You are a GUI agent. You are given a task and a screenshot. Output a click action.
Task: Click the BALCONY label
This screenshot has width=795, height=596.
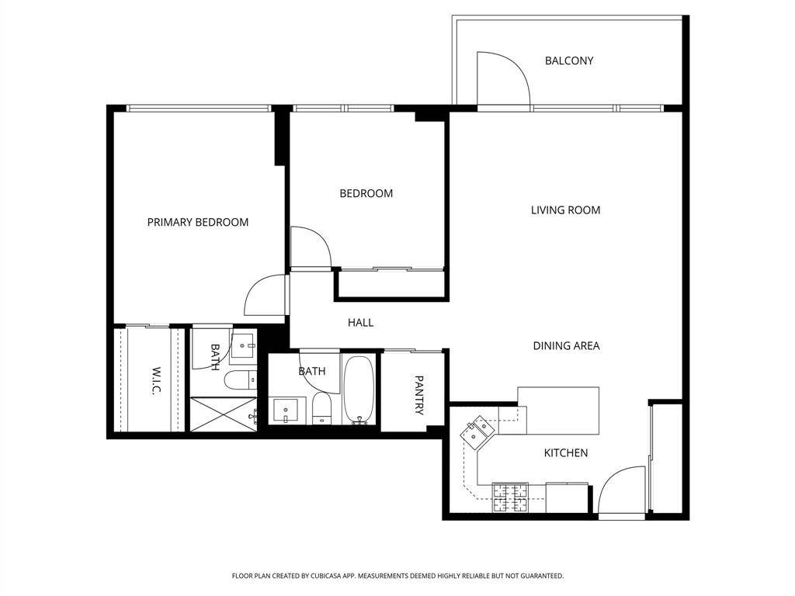tap(568, 61)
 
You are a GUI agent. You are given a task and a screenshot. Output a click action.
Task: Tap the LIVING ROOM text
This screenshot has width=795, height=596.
tap(565, 210)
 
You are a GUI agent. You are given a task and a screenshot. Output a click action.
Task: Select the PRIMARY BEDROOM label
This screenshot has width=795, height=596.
tap(198, 222)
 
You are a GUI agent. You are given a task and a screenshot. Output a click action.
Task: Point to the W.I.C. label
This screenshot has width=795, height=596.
tap(155, 380)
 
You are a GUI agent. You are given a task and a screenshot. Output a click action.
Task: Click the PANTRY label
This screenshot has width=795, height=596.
tap(418, 395)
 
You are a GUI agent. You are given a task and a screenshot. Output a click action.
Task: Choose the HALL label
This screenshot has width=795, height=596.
tap(360, 322)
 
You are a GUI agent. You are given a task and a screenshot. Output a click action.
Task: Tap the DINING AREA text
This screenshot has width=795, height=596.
tap(566, 345)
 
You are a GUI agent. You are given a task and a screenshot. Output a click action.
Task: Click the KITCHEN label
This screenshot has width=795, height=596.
tap(565, 452)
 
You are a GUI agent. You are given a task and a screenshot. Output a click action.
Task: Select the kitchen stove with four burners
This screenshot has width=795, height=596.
tap(510, 497)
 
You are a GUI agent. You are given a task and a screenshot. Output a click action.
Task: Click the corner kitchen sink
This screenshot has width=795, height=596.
tap(475, 431)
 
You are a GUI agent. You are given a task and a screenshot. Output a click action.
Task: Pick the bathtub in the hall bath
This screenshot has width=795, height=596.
tap(359, 390)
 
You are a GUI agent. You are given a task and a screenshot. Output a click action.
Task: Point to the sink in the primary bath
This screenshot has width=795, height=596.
tap(244, 343)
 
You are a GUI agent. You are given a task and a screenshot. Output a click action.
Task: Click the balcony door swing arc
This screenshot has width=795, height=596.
tap(503, 78)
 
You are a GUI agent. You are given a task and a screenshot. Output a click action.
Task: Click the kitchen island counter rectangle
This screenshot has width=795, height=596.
tap(558, 411)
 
